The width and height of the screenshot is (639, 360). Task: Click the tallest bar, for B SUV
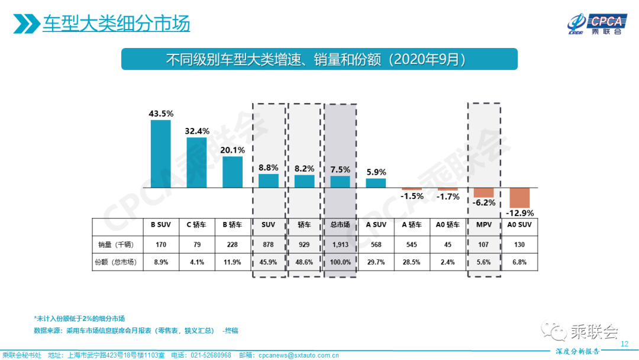click(161, 154)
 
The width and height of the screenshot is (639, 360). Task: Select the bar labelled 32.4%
click(196, 163)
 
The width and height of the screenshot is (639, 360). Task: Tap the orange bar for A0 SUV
click(519, 198)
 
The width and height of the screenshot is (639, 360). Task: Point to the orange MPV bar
click(483, 193)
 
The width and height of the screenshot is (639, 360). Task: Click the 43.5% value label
click(161, 112)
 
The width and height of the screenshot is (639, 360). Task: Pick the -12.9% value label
click(520, 213)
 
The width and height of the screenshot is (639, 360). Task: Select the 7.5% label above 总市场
click(340, 169)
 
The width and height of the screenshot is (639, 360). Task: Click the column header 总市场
click(340, 225)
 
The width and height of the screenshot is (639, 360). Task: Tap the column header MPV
click(484, 225)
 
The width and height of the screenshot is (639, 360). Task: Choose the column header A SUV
click(376, 225)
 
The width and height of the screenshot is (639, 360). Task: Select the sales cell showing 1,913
click(340, 244)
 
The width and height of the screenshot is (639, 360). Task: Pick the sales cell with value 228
click(233, 244)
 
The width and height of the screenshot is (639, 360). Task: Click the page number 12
click(624, 344)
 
